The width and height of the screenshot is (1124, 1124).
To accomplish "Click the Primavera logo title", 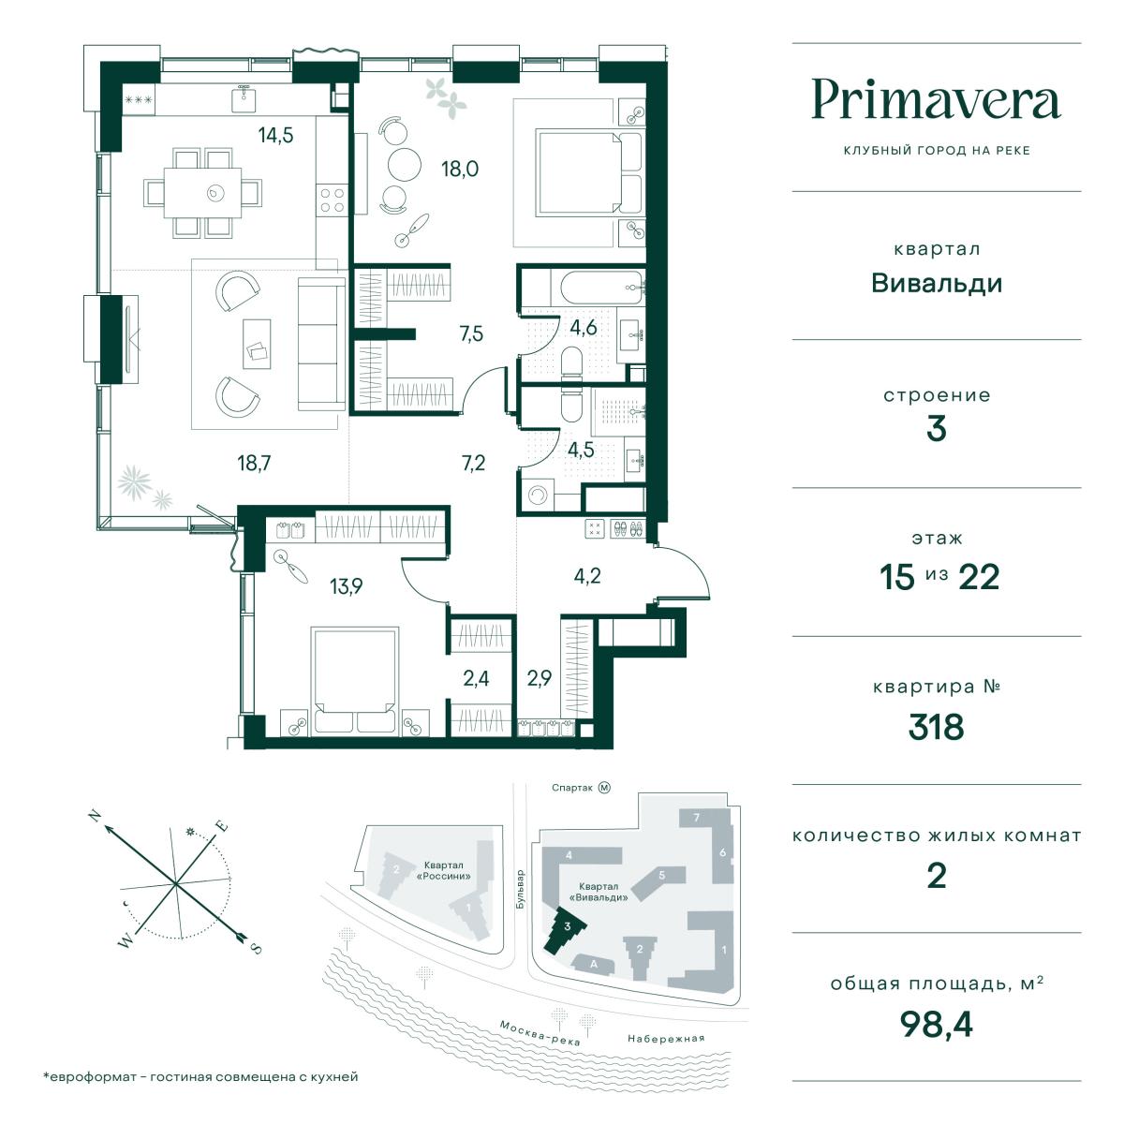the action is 936,100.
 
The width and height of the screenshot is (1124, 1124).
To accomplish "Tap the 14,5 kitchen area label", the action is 275,136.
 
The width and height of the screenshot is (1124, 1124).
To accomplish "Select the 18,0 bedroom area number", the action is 460,170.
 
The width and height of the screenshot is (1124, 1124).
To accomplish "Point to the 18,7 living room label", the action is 254,463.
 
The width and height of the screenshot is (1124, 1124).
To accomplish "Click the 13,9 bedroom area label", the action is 346,586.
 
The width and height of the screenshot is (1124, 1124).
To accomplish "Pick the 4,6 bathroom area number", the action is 584,328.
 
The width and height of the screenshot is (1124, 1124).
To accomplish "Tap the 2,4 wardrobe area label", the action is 476,678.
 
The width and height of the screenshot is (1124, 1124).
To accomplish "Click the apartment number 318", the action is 936,727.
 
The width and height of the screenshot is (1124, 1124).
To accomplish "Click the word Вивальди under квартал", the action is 937,284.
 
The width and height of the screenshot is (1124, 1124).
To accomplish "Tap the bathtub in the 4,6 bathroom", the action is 598,288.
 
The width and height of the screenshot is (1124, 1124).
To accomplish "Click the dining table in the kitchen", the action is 202,193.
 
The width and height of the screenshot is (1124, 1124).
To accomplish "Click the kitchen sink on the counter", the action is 244,98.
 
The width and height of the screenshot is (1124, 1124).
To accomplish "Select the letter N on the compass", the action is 95,816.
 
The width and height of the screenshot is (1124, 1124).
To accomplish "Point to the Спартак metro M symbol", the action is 604,788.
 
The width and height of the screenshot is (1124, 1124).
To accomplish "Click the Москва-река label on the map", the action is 540,1033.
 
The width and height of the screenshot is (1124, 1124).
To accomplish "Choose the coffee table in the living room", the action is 257,344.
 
